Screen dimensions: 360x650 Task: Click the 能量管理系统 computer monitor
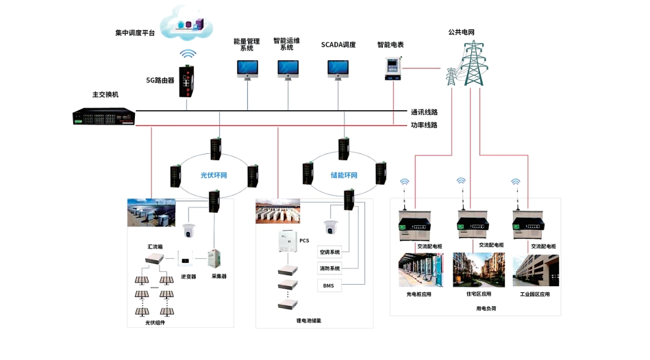(247, 69)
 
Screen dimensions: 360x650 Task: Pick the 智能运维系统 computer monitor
(288, 69)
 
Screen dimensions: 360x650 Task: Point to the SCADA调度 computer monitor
(338, 69)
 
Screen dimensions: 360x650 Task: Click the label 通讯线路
(424, 112)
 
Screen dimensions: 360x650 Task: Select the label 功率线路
(424, 125)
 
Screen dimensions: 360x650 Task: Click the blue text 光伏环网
(214, 175)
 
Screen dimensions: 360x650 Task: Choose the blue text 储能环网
(345, 175)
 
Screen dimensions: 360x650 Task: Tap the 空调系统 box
(329, 253)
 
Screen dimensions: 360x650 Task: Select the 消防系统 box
(329, 268)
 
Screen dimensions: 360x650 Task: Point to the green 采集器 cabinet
(218, 258)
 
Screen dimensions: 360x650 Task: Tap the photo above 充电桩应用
(420, 270)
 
